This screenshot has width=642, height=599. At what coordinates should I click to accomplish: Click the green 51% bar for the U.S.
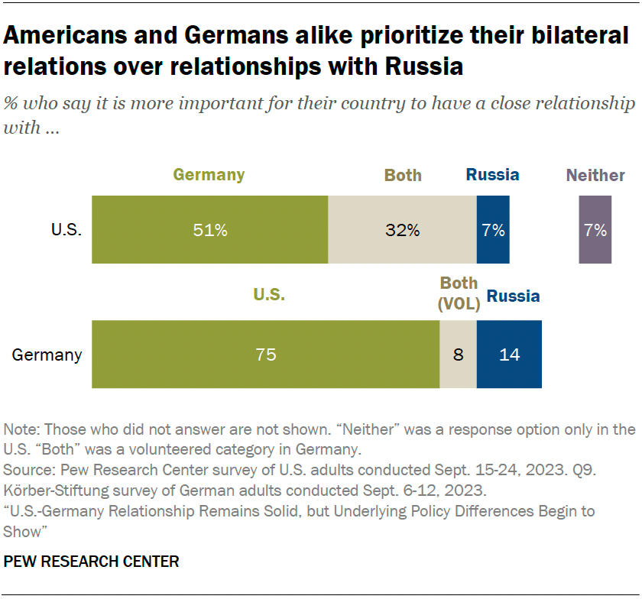pyautogui.click(x=209, y=230)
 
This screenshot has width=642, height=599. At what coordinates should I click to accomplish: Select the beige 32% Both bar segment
pyautogui.click(x=402, y=230)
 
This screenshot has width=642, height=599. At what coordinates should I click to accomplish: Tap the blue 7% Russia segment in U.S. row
pyautogui.click(x=493, y=230)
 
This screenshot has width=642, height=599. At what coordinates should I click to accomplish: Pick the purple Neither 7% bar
pyautogui.click(x=595, y=230)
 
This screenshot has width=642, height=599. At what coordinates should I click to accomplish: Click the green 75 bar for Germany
pyautogui.click(x=265, y=355)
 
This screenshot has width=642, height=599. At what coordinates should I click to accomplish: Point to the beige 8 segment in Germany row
pyautogui.click(x=458, y=355)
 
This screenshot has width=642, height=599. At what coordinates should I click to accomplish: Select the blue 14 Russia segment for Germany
pyautogui.click(x=509, y=355)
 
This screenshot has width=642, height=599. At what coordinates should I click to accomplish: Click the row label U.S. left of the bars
pyautogui.click(x=66, y=230)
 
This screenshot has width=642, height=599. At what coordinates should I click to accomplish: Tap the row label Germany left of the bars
pyautogui.click(x=47, y=355)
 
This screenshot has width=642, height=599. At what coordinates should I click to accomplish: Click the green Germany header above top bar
pyautogui.click(x=209, y=175)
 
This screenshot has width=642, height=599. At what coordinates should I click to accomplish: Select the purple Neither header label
pyautogui.click(x=595, y=175)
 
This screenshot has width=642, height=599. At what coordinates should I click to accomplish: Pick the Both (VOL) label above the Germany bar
pyautogui.click(x=459, y=293)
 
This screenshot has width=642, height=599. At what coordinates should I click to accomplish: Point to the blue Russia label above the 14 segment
pyautogui.click(x=513, y=296)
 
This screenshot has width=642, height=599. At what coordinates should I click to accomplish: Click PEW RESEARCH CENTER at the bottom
pyautogui.click(x=92, y=562)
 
